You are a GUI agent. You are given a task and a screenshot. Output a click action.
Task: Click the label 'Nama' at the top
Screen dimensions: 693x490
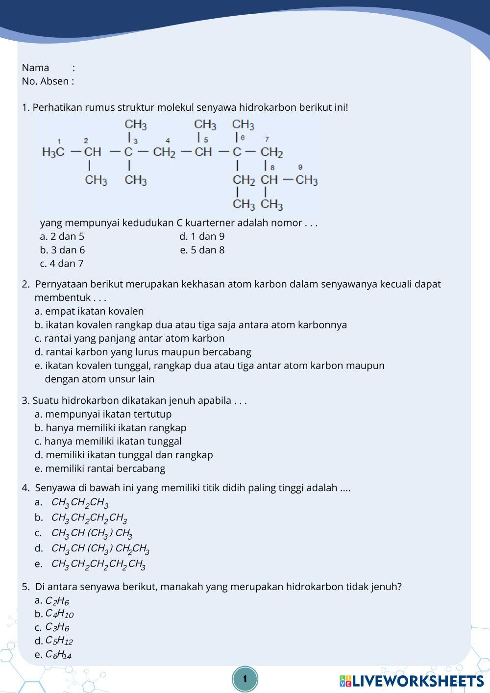tap(35, 68)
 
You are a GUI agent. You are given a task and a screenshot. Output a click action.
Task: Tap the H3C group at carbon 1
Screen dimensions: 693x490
tap(53, 152)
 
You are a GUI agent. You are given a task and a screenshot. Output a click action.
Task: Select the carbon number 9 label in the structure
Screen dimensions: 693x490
tap(300, 167)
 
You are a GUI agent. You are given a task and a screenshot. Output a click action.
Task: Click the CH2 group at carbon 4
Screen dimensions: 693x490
tap(164, 152)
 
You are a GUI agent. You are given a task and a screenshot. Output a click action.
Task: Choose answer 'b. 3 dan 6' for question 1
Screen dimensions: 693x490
tap(62, 250)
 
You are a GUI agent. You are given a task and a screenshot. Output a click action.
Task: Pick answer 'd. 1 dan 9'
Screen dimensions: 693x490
tap(202, 236)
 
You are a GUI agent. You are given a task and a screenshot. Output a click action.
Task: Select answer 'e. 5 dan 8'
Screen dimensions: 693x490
tap(202, 250)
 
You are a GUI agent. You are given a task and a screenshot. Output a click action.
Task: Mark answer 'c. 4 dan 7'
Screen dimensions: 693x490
tap(62, 264)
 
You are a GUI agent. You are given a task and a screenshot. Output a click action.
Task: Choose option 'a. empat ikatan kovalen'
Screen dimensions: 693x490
tap(89, 311)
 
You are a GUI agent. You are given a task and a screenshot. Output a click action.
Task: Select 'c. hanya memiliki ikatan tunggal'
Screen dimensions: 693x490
tap(108, 441)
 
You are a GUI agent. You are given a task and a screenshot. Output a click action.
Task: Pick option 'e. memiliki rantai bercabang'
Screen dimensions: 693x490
tap(100, 469)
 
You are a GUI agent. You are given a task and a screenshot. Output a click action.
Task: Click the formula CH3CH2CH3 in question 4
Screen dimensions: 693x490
tap(79, 503)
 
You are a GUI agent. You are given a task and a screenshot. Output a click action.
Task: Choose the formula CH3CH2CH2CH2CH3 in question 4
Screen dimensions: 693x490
tap(98, 565)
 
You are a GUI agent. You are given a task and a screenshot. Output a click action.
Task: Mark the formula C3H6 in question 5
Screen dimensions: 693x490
tap(57, 627)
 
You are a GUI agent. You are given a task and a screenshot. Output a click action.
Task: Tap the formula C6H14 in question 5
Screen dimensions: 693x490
tap(58, 655)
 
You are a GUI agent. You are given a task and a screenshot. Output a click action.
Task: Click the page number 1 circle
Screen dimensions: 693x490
tap(245, 679)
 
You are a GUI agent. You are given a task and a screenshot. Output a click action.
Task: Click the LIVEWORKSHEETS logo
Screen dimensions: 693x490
tap(412, 681)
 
